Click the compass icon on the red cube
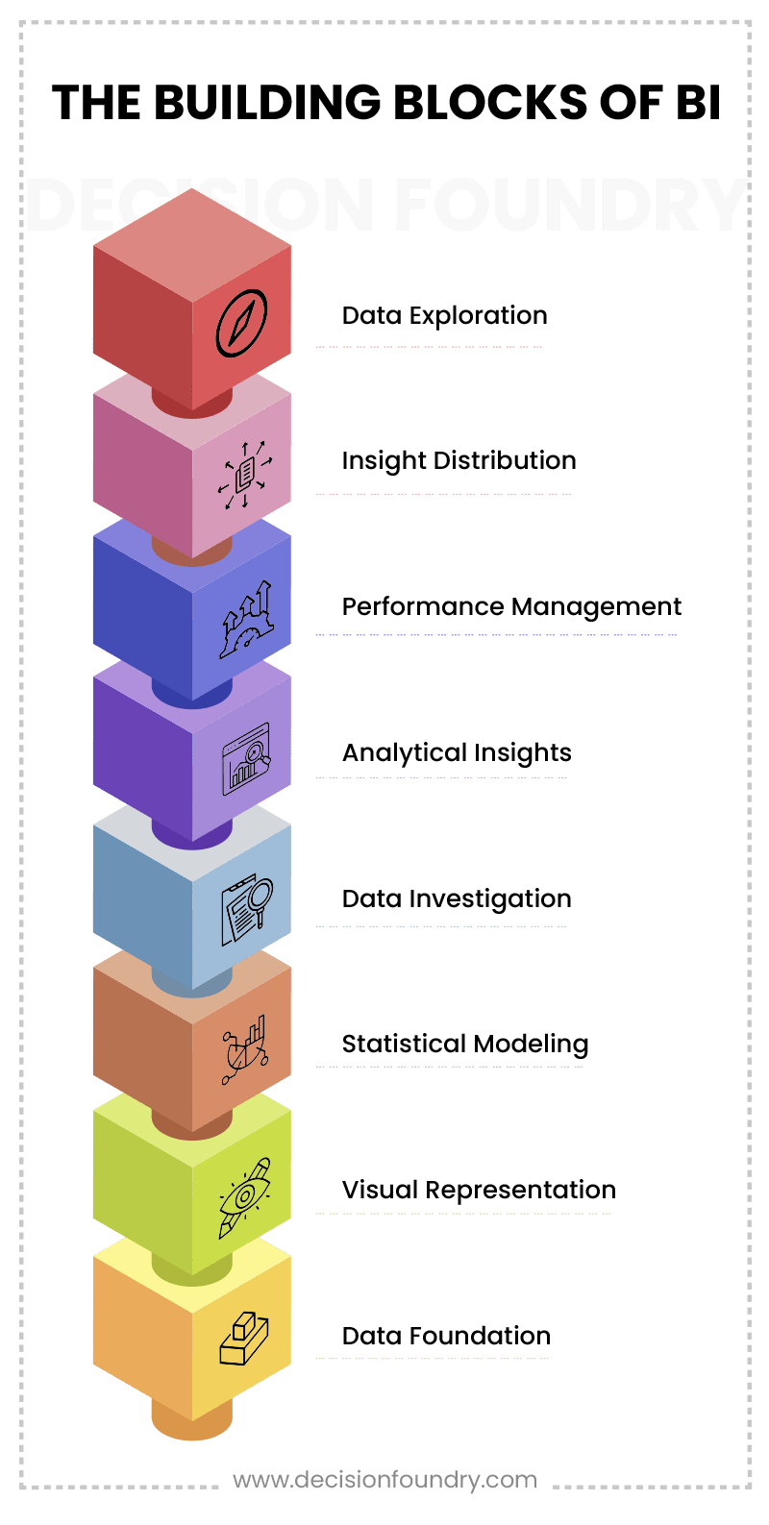[241, 323]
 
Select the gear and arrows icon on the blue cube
[246, 620]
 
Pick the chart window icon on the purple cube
[246, 759]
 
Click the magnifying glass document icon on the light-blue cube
[247, 909]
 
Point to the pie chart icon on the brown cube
[244, 1050]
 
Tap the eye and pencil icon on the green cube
[244, 1196]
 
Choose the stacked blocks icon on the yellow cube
[243, 1339]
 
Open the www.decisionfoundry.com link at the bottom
[384, 1479]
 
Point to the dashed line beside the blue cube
[496, 635]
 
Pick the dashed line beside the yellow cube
[432, 1359]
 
